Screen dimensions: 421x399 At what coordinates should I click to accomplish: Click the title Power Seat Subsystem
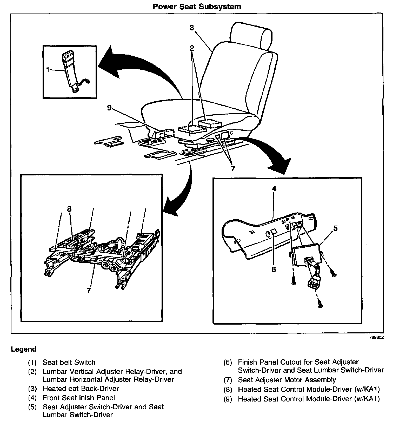tap(197, 6)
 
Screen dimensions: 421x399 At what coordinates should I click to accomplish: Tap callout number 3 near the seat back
tap(192, 28)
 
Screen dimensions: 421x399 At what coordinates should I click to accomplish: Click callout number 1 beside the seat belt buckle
tap(48, 69)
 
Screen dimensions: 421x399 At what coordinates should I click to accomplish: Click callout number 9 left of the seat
tap(109, 108)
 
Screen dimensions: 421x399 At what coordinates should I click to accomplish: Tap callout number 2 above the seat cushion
tap(192, 48)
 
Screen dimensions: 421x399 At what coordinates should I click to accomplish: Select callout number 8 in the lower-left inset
tap(69, 209)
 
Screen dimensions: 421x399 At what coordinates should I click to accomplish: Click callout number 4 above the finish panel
tap(274, 189)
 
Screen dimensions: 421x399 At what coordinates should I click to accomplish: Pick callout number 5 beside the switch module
tap(336, 228)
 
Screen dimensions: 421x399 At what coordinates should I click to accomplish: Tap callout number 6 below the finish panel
tap(274, 269)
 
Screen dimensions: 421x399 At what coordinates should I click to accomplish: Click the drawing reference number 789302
tap(376, 338)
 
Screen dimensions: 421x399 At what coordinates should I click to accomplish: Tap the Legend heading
tap(24, 349)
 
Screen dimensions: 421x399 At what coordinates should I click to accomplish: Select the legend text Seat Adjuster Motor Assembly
tap(287, 380)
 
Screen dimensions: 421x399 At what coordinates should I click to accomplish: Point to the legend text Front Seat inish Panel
tap(79, 398)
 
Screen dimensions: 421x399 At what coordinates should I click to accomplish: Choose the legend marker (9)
tap(228, 399)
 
